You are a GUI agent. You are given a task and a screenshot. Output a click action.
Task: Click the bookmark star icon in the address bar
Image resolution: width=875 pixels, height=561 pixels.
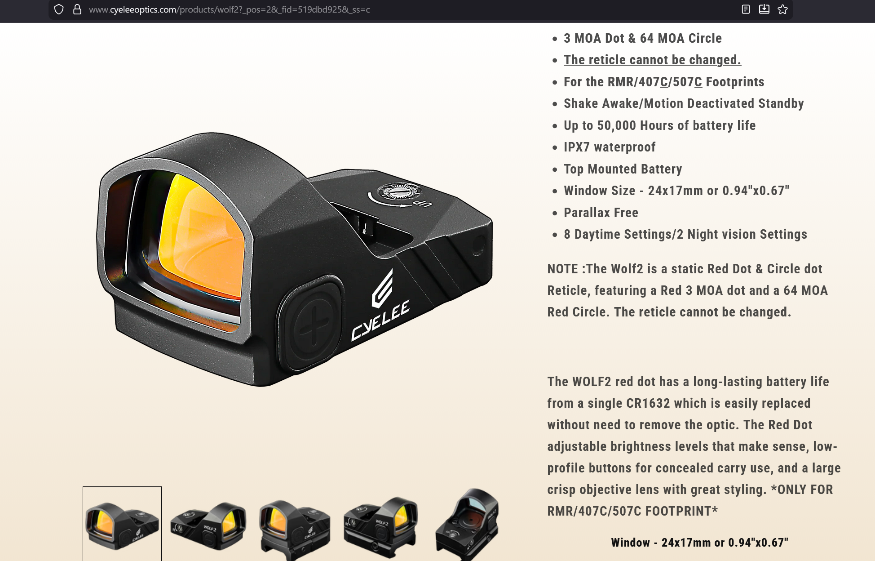point(782,9)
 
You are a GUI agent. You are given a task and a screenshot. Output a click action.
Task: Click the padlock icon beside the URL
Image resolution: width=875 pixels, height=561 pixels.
point(77,9)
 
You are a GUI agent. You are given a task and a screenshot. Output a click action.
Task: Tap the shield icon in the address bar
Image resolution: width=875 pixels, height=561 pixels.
point(59,9)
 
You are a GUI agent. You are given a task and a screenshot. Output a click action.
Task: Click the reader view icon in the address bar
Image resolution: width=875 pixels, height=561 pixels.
point(746,9)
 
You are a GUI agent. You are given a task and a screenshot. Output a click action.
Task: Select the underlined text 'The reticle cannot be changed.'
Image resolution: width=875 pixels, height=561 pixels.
point(652,60)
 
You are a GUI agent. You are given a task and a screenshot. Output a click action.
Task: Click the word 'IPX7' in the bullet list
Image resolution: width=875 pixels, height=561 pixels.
point(576,147)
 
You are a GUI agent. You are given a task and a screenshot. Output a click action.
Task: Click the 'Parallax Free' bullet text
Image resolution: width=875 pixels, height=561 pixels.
point(601,213)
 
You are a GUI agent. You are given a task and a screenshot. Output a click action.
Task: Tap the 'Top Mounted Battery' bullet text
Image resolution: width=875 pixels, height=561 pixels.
point(623,169)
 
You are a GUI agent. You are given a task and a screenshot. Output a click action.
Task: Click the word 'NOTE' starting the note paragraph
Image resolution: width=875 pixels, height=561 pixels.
point(562,269)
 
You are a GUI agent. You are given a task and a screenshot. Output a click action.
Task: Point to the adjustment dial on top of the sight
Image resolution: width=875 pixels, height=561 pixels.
point(399,191)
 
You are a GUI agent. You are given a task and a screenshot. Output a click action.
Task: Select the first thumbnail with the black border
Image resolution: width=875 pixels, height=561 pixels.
point(122,524)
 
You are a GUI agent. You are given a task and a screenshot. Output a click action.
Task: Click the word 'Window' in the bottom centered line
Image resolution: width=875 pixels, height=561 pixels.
point(630,543)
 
